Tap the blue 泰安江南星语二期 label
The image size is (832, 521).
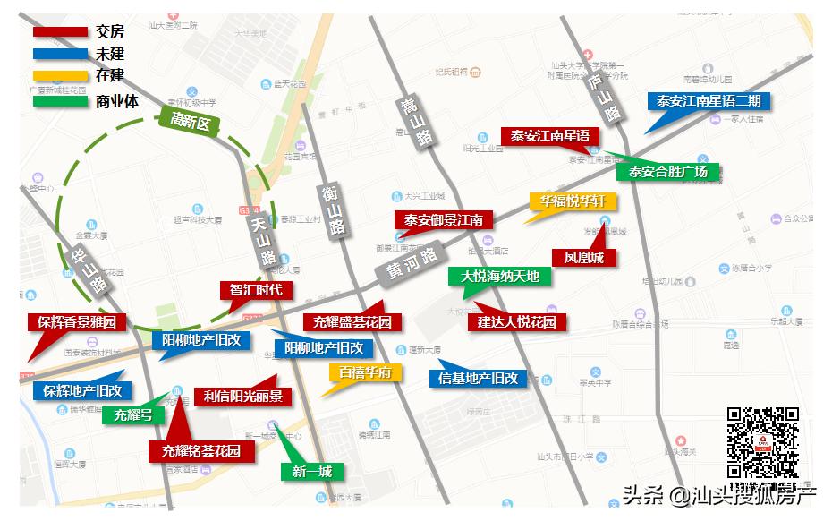709,101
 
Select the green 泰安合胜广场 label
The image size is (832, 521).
667,172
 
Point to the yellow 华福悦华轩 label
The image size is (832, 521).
573,201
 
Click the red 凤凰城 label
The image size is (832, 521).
583,258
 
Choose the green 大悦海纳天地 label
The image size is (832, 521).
500,276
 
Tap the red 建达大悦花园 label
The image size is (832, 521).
516,322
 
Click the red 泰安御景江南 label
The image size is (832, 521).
443,219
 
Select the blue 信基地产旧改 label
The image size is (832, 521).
479,379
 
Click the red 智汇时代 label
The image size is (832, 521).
256,290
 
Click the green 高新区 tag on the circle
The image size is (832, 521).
190,122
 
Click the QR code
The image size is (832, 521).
762,443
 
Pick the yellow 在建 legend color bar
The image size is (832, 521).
60,76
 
